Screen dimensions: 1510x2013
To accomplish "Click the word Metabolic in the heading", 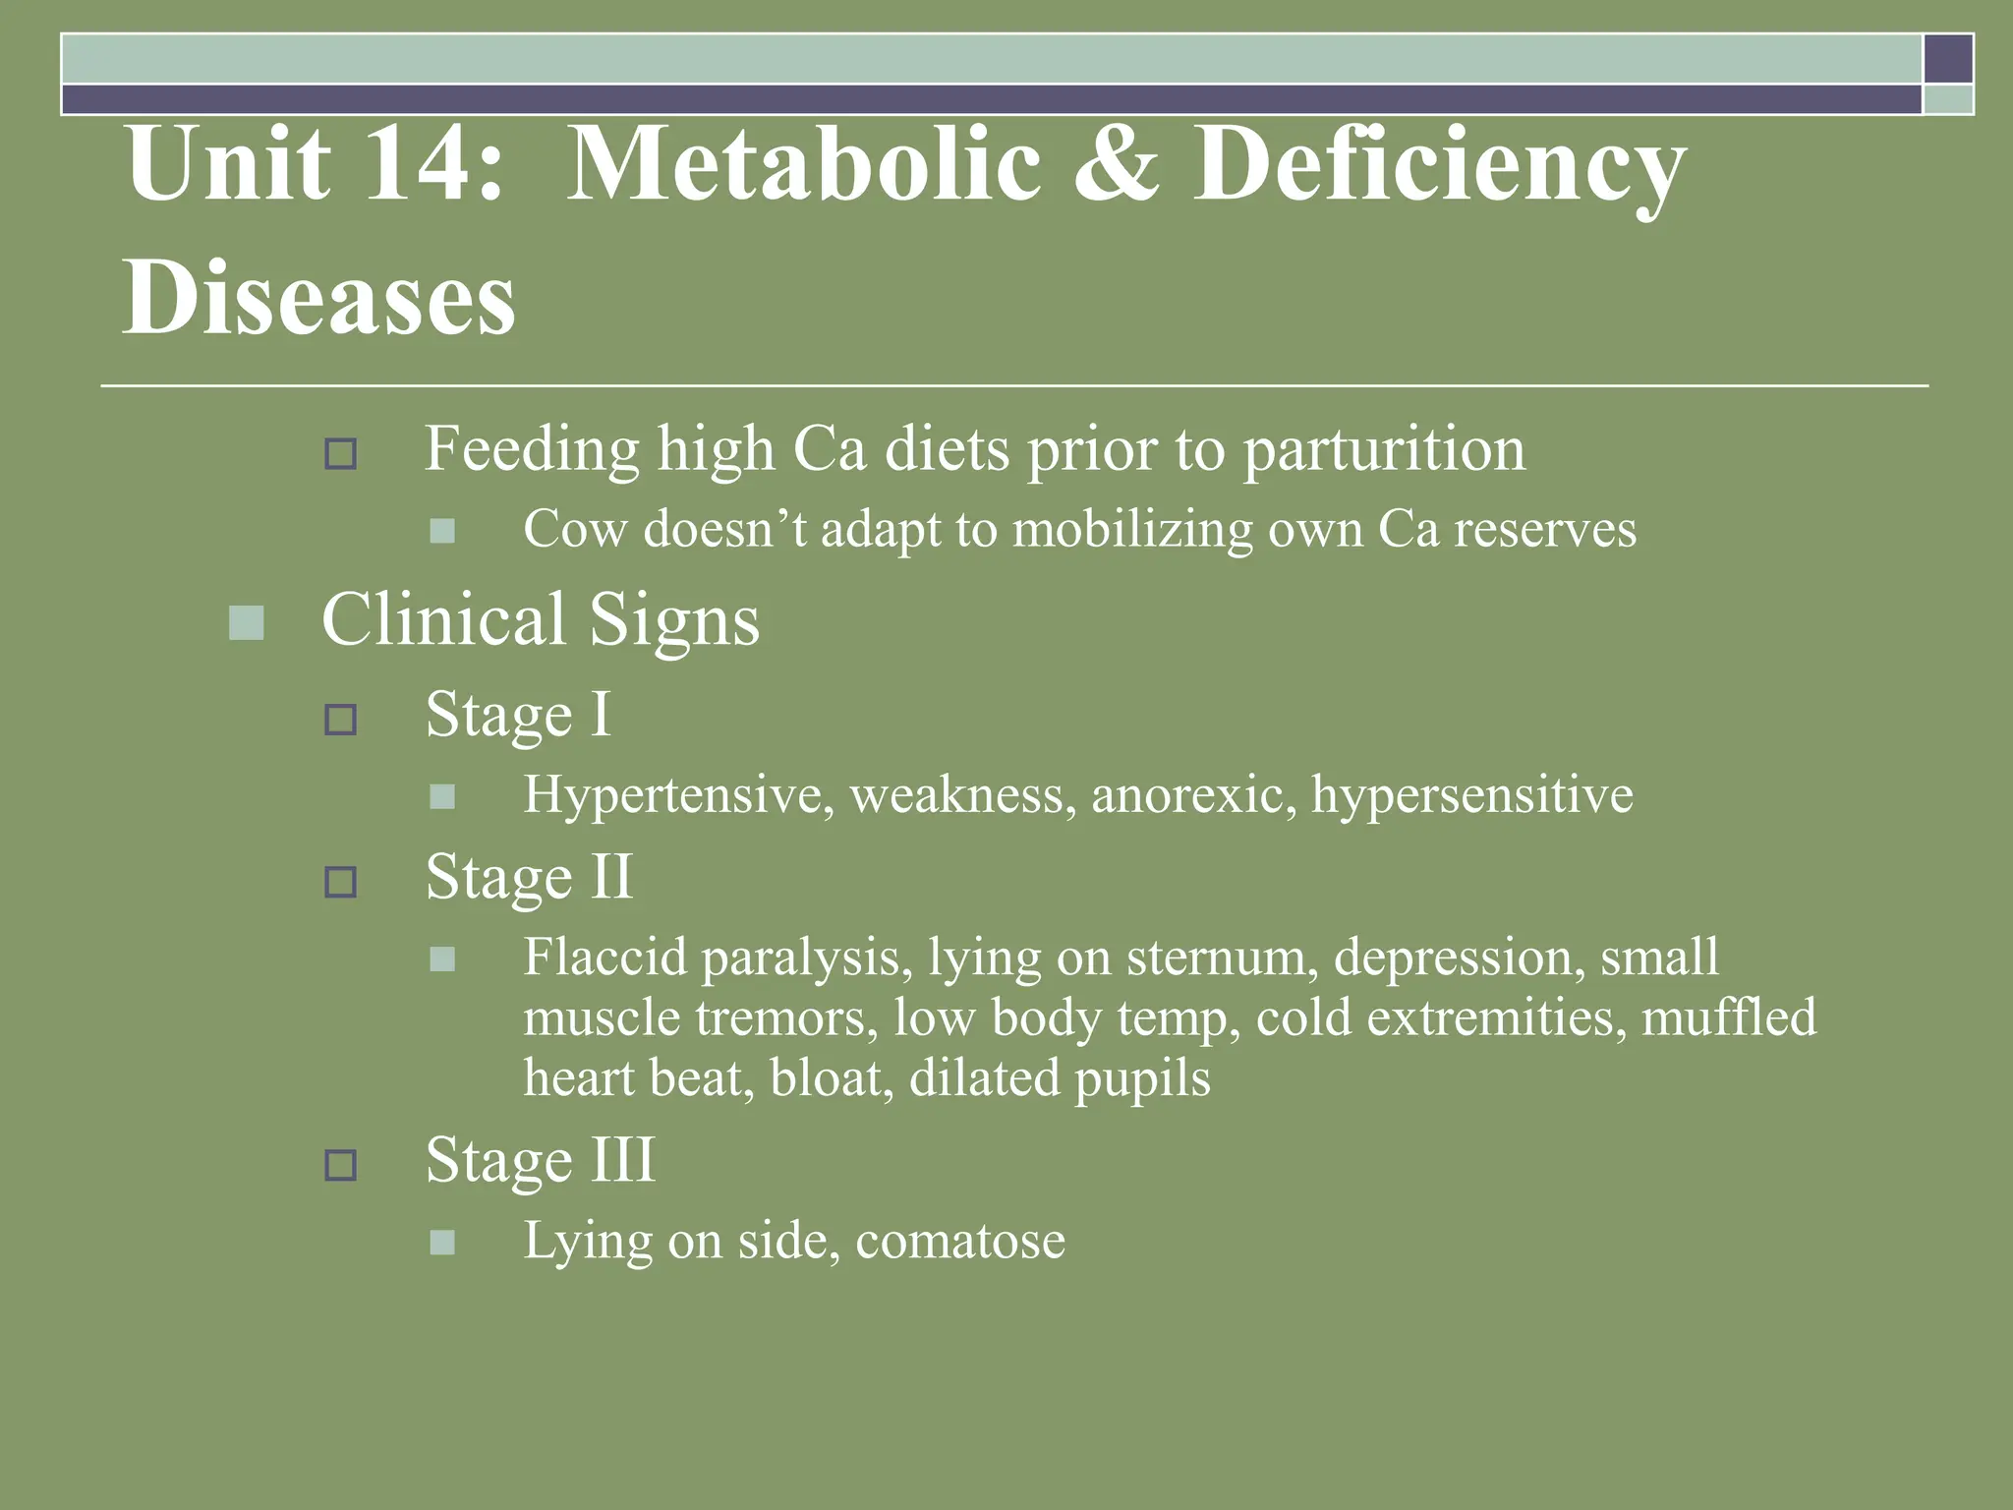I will coord(803,163).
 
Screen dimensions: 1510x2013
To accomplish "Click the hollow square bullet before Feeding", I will coord(340,454).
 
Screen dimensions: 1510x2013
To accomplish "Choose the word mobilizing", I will coord(1132,529).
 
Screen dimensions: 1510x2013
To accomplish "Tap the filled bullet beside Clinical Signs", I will coord(246,622).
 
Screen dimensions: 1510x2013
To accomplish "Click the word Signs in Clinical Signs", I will coord(674,620).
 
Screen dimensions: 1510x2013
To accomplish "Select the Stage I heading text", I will coord(518,715).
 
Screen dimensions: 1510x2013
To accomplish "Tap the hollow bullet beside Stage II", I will coord(340,882).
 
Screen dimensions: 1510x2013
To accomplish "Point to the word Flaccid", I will coord(604,957).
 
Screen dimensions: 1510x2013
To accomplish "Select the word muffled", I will coord(1729,1017).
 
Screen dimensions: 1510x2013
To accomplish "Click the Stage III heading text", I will coord(540,1161).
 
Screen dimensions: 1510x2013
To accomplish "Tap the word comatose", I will coord(959,1241).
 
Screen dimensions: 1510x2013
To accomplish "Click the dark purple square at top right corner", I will coord(1948,59).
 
